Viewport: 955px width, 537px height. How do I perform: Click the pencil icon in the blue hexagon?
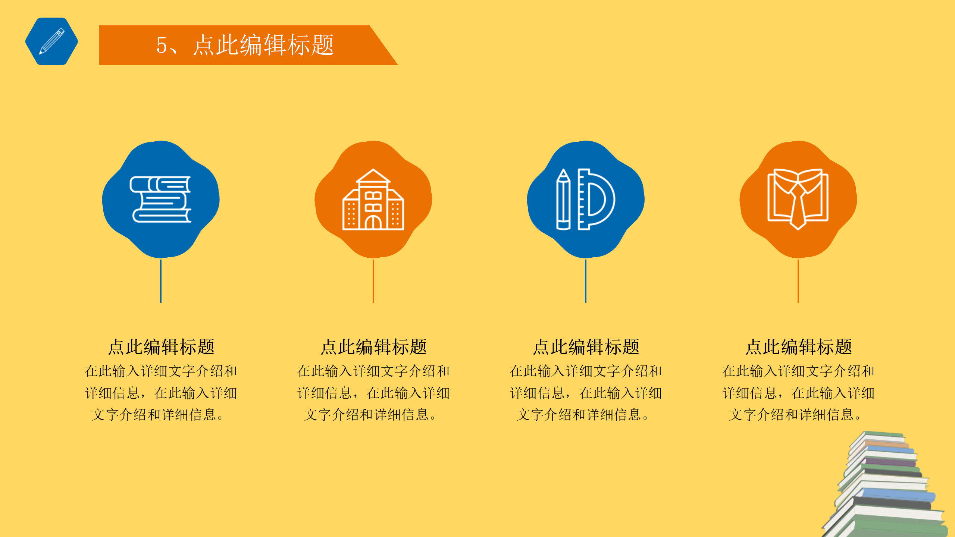pyautogui.click(x=51, y=41)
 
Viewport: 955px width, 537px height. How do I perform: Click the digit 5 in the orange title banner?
pyautogui.click(x=162, y=45)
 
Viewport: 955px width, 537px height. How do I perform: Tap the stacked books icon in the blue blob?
pyautogui.click(x=161, y=200)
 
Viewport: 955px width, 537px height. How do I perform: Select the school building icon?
pyautogui.click(x=373, y=200)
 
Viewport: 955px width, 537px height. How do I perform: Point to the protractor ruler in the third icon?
pyautogui.click(x=596, y=200)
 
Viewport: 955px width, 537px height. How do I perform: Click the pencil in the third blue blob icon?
pyautogui.click(x=563, y=200)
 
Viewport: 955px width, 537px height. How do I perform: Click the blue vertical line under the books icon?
pyautogui.click(x=161, y=281)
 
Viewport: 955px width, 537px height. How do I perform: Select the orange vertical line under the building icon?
pyautogui.click(x=373, y=281)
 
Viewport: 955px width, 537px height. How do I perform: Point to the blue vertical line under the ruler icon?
pyautogui.click(x=586, y=281)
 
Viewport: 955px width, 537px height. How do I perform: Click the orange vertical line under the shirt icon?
pyautogui.click(x=798, y=281)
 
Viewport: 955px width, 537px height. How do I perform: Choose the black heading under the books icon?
pyautogui.click(x=161, y=347)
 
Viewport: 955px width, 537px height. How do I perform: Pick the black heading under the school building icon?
pyautogui.click(x=373, y=347)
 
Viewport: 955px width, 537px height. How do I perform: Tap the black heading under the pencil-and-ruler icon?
pyautogui.click(x=586, y=347)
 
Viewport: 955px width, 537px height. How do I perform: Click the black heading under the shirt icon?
pyautogui.click(x=799, y=347)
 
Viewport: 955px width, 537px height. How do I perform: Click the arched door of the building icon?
pyautogui.click(x=373, y=223)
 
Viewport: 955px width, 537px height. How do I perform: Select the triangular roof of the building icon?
pyautogui.click(x=373, y=176)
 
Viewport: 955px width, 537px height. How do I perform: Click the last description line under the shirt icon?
pyautogui.click(x=795, y=415)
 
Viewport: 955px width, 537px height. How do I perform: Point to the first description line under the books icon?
pyautogui.click(x=161, y=371)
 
